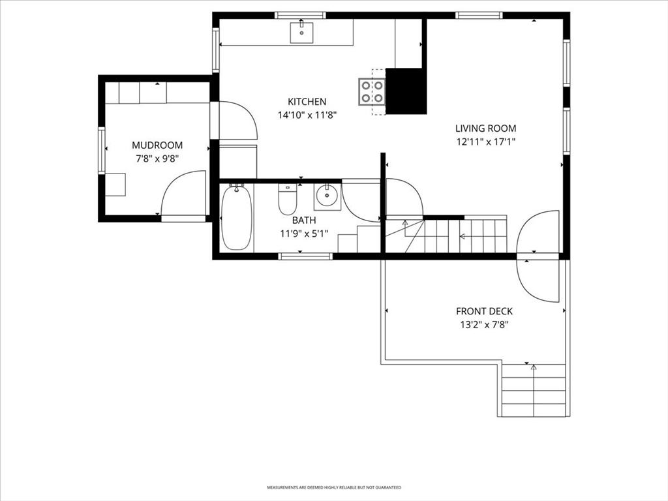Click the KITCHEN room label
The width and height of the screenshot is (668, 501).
307,102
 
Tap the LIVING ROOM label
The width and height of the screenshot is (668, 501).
485,129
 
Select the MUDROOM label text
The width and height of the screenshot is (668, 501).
157,145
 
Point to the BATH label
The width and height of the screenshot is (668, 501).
304,220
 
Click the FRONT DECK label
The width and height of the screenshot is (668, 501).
485,311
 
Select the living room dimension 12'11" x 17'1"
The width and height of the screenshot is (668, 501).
485,142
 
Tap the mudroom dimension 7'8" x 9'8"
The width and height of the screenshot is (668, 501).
157,159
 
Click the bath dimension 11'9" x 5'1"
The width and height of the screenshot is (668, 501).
304,234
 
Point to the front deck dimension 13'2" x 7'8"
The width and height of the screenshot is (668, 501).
485,325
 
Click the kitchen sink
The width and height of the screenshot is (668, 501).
301,33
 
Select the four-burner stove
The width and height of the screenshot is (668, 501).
372,91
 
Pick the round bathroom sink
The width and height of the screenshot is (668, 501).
327,196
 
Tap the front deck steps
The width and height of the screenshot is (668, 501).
534,390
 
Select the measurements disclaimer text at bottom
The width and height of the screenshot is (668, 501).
334,487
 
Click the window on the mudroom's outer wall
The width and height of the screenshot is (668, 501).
102,151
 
